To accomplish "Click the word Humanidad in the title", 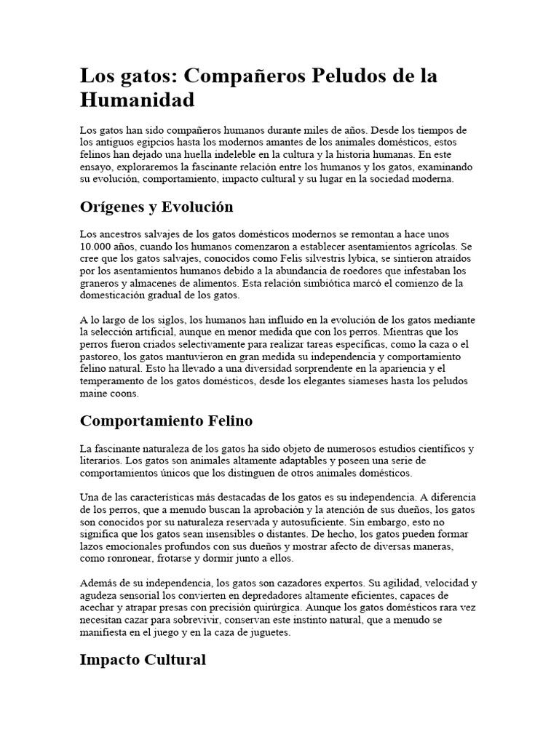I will coord(138,99).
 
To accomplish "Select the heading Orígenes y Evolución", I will coord(156,207).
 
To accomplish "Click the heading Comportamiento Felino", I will coord(166,421).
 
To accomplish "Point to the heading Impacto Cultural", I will coord(143,660).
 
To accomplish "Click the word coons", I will coord(122,394).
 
